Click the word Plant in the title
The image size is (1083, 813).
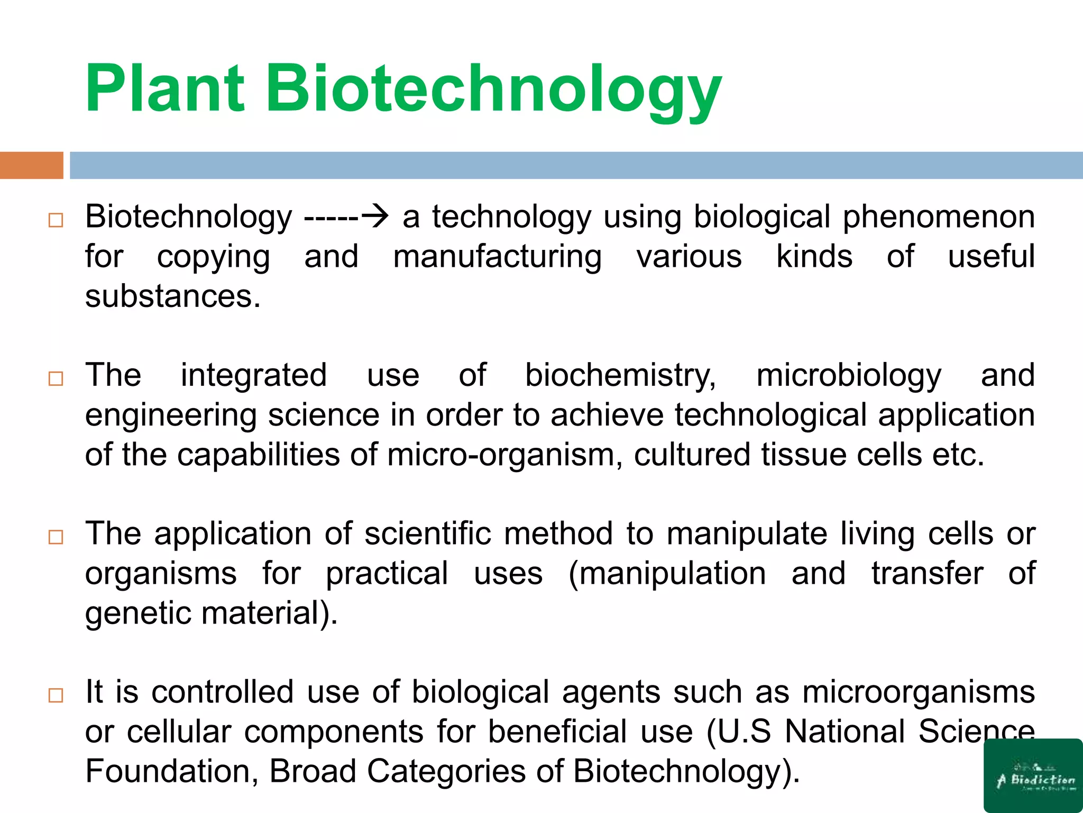point(164,89)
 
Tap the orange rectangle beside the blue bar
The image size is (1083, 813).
point(31,165)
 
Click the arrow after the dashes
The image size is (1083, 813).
point(375,216)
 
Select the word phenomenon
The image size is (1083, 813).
point(939,217)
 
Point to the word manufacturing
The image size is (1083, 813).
point(497,257)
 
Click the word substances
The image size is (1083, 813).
point(173,296)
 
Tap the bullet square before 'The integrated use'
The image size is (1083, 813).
point(56,378)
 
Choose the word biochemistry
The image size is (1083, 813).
point(620,376)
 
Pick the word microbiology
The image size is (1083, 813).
point(849,376)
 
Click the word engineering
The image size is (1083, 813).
point(171,415)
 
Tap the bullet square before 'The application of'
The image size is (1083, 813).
point(56,537)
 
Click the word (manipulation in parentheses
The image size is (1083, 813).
point(667,573)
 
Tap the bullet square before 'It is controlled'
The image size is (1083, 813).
point(56,695)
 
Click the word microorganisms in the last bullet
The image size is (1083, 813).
point(919,692)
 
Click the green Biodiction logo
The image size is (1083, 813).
point(1033,775)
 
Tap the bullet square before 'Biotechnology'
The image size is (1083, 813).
point(56,220)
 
